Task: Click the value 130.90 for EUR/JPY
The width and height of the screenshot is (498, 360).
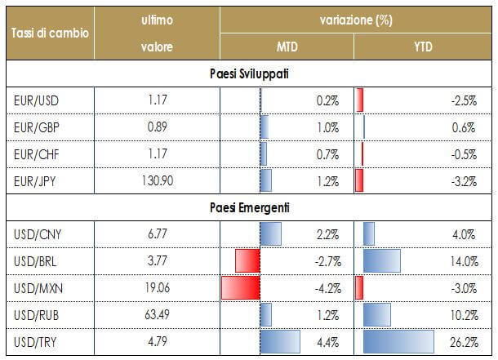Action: [157, 179]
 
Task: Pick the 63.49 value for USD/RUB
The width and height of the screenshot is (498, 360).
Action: [157, 314]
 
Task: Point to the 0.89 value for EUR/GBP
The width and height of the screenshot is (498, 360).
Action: [157, 127]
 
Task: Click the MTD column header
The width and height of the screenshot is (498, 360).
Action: [288, 47]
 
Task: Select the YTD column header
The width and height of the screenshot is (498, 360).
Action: [424, 47]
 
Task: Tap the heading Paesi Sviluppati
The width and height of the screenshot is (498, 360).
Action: [248, 74]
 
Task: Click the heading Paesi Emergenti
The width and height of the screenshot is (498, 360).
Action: [248, 207]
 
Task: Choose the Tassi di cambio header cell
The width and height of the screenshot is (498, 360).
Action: [47, 33]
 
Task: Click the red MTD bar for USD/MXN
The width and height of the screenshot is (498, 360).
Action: [240, 288]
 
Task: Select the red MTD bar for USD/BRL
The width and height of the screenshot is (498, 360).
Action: [247, 261]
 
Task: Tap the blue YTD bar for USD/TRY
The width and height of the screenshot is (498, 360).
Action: [398, 341]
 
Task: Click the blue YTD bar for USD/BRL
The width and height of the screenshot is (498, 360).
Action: [382, 261]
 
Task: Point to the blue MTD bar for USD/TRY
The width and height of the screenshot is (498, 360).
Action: [279, 341]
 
